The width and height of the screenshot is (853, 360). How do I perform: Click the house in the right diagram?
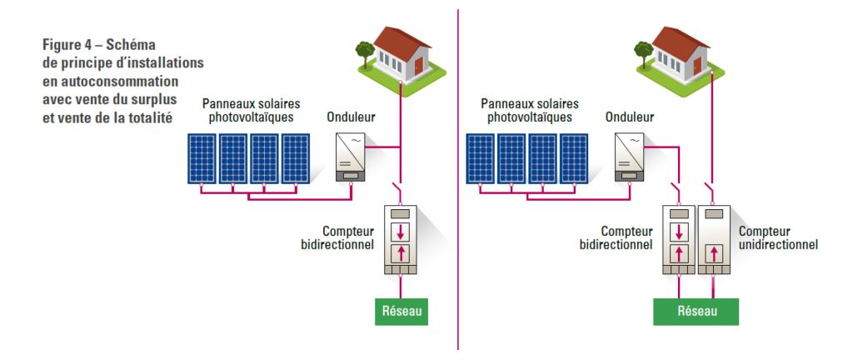pos(682,52)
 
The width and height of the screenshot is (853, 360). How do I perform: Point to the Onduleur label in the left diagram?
pos(351,117)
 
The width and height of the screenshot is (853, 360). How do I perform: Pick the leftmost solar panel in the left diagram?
pos(202,157)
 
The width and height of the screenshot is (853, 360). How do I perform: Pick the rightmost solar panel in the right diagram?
pos(573,157)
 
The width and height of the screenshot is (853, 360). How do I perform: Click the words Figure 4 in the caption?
pos(69,45)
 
